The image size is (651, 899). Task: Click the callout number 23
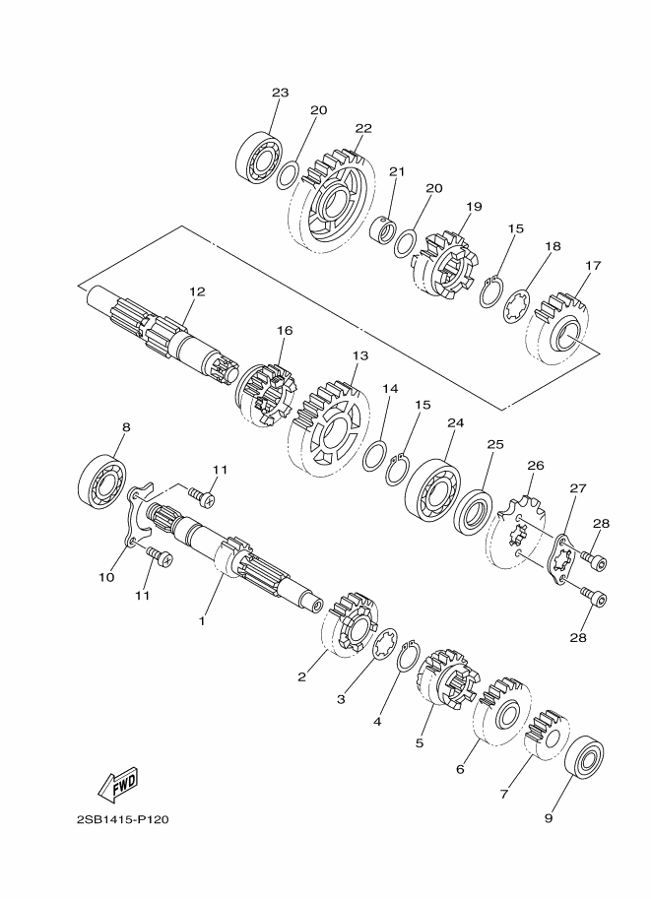[280, 93]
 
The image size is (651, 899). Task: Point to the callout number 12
[197, 291]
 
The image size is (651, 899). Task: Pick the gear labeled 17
[558, 329]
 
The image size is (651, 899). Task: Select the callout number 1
[202, 621]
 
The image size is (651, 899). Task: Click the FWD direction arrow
[118, 784]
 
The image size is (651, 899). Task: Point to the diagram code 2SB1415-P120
[123, 819]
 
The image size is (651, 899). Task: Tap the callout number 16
[285, 330]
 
